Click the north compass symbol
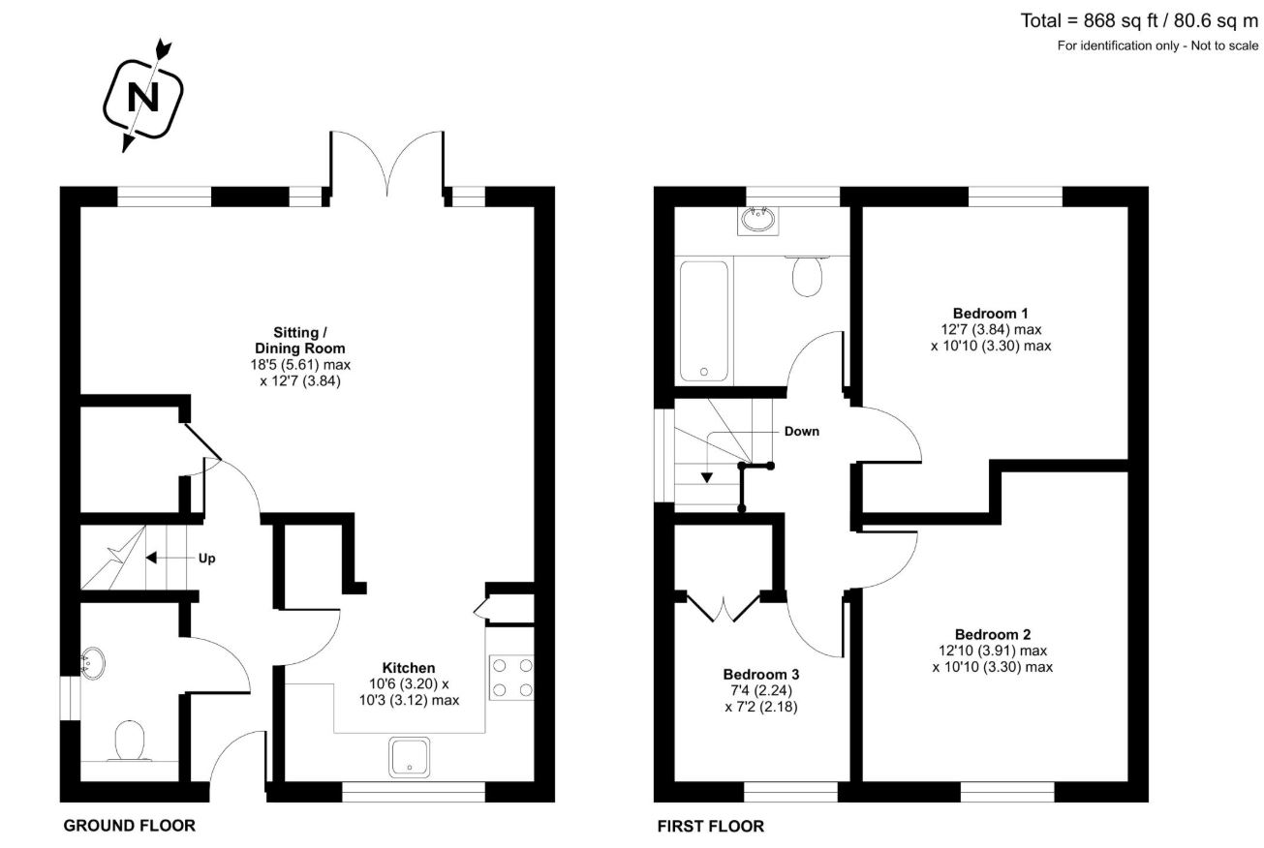tap(144, 96)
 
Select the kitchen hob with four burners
tap(513, 678)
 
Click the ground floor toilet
tap(129, 742)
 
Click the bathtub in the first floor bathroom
tap(704, 318)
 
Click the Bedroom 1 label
tap(990, 313)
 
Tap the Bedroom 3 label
tap(760, 674)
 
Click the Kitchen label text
tap(408, 668)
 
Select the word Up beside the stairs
tap(206, 559)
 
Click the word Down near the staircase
tap(801, 432)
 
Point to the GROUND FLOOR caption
tap(129, 826)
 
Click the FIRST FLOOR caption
tap(710, 826)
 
